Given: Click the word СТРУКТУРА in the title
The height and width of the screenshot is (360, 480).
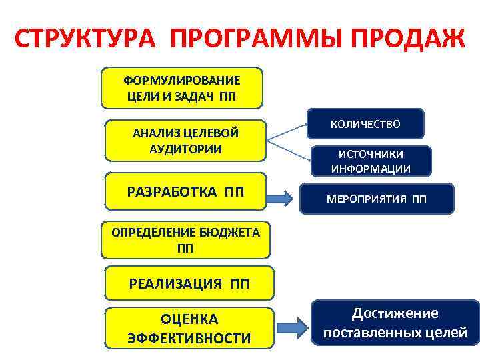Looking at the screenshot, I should [85, 39].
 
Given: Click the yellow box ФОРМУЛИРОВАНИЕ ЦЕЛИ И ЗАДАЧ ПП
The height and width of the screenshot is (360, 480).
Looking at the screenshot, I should [182, 87].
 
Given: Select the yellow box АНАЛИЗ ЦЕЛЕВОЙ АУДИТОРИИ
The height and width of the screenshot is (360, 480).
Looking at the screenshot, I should [185, 140].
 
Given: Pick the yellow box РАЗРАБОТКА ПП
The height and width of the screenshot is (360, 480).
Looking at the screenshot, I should [185, 193].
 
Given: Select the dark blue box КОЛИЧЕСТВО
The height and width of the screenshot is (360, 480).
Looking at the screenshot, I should [365, 125].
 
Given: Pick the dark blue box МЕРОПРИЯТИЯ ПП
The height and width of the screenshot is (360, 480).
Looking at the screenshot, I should [376, 199].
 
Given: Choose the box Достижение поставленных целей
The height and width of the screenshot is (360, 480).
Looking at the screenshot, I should [395, 323].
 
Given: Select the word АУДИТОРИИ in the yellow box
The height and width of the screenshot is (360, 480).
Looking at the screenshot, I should [186, 147].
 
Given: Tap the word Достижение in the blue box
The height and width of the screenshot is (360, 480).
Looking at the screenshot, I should [395, 313].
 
